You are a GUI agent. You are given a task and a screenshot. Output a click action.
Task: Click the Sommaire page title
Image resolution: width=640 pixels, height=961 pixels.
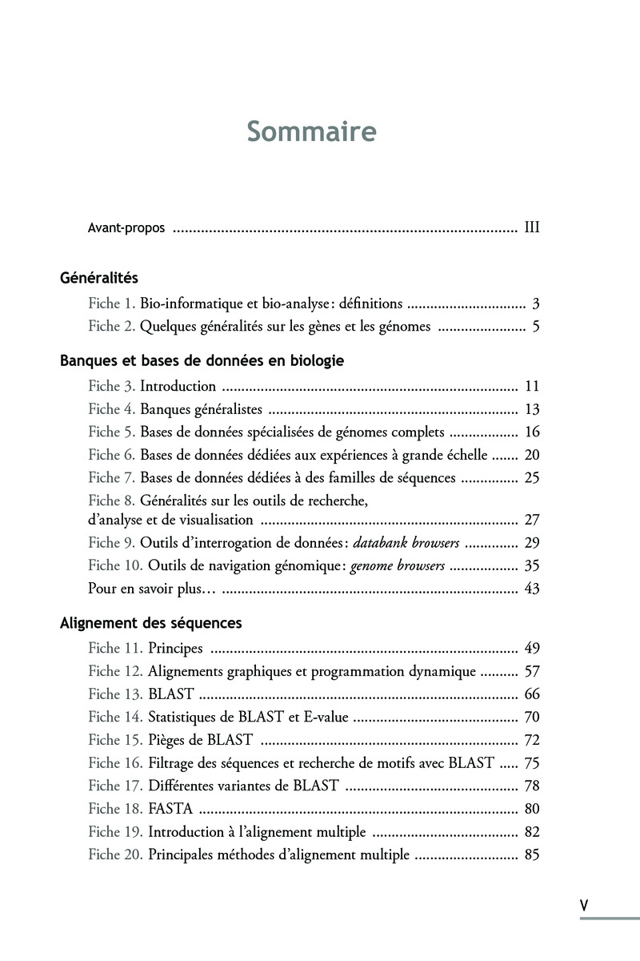point(311,131)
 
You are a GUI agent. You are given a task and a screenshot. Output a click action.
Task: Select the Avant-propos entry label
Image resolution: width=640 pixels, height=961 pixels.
point(126,228)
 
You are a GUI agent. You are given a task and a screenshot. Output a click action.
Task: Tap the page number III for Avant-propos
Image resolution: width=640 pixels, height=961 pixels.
point(532,228)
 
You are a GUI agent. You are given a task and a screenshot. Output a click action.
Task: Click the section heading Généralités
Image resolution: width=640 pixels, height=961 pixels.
point(99,278)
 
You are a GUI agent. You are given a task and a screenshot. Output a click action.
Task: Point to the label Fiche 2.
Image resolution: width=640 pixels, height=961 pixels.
point(112,327)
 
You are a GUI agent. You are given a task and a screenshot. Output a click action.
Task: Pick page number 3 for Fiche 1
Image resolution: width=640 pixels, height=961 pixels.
point(536,304)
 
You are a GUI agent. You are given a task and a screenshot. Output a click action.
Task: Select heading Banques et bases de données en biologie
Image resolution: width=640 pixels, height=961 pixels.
point(202,360)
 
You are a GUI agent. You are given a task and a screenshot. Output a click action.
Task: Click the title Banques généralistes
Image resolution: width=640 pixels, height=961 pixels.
point(202,409)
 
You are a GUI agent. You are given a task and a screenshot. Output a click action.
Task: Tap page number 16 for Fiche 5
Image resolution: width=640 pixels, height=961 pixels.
point(532,432)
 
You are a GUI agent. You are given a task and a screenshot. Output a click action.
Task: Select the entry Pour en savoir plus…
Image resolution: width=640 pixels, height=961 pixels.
point(152,589)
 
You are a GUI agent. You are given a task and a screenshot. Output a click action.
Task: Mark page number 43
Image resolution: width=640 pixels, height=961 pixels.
point(532,589)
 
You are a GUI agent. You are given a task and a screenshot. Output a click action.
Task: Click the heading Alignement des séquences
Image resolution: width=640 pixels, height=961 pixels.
point(151,622)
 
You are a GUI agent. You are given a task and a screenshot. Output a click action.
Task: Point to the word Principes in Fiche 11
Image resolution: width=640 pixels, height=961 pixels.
point(175,649)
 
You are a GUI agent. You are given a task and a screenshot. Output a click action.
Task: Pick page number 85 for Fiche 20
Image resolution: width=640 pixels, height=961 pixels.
point(532,854)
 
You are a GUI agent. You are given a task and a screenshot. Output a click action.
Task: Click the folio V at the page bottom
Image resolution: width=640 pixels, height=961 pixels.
point(584,905)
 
